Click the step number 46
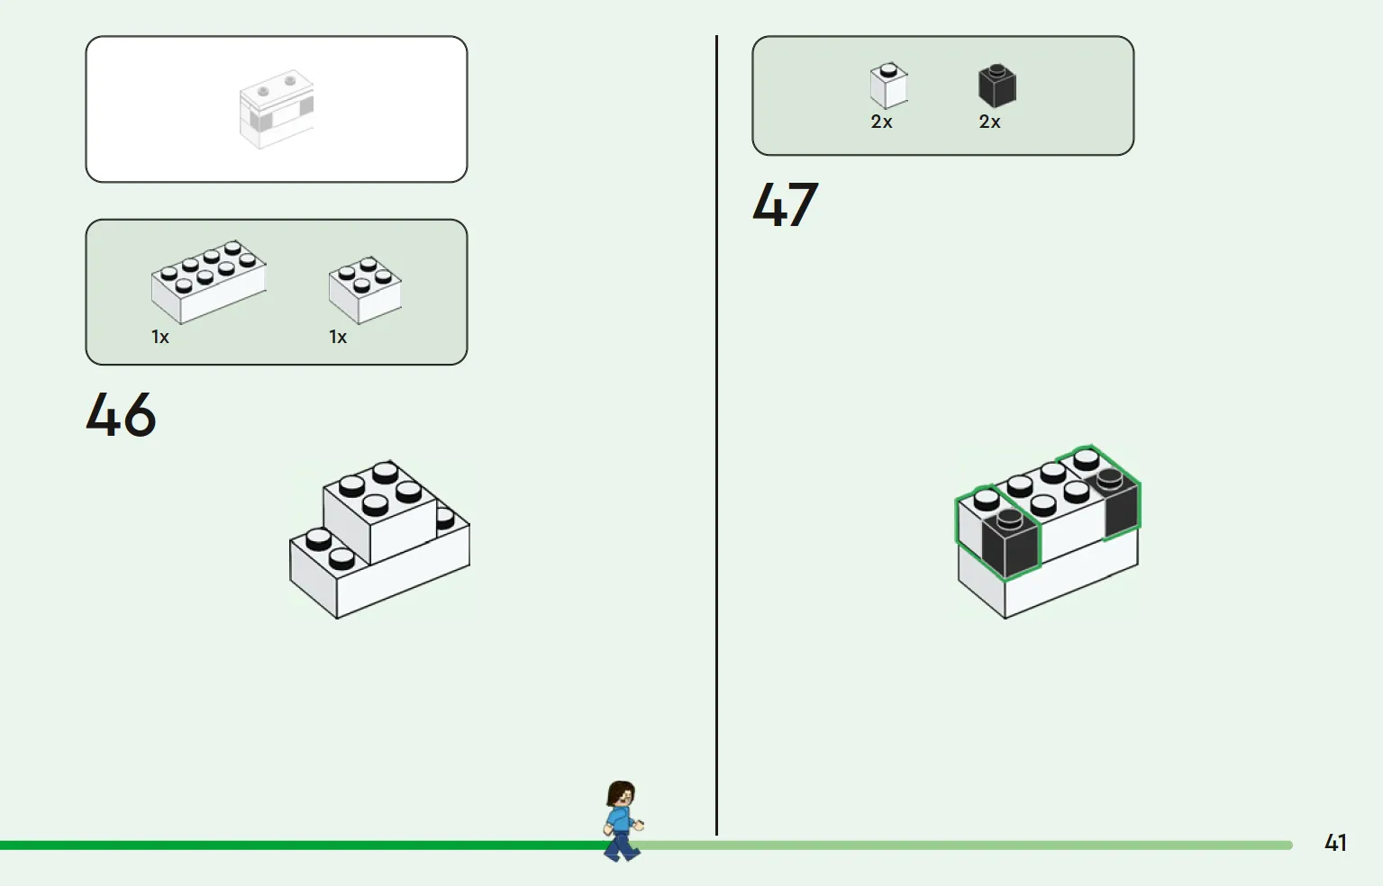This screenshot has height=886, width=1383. pos(121,414)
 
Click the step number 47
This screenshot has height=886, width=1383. pos(786,204)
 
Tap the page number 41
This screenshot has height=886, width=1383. pos(1335,843)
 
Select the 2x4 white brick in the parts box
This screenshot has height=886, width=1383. pos(209,282)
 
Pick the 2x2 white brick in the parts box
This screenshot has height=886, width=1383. pos(365,290)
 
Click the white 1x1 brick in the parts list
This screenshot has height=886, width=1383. pos(888,86)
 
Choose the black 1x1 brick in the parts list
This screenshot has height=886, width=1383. pos(997,86)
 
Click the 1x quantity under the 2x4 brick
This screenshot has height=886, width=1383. pos(159,337)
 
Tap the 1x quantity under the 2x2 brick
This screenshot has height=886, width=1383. pos(338,337)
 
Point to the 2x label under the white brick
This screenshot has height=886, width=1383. pos(882,122)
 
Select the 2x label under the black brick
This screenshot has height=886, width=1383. pos(989,122)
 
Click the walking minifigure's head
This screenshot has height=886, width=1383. pos(621,795)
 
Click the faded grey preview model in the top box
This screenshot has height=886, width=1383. pos(277,109)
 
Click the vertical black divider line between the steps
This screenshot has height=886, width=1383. pos(717,435)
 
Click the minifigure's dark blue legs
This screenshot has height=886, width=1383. pos(622,845)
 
